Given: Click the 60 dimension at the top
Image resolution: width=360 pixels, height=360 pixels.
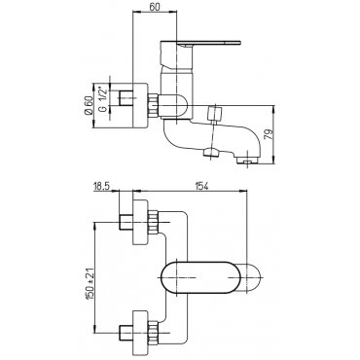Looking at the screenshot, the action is [x=156, y=7].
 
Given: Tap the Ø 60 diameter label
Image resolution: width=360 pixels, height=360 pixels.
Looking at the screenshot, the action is [x=88, y=106].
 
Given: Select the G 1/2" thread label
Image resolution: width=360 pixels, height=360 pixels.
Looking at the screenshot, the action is [x=103, y=98].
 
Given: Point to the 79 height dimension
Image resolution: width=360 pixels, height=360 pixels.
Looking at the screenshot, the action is [x=269, y=133].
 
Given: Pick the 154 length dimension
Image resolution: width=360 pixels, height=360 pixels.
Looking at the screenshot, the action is [x=200, y=186].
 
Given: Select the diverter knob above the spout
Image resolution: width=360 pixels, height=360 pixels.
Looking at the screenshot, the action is [x=214, y=114].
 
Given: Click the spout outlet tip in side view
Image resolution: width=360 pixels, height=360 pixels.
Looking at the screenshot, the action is [x=248, y=160].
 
